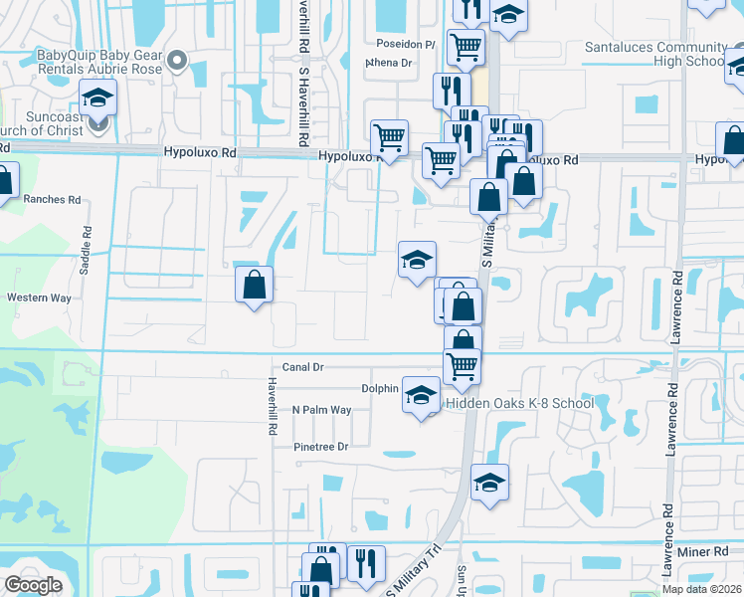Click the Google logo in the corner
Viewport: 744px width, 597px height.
(x=34, y=585)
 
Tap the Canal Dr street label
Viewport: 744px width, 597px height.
(x=303, y=367)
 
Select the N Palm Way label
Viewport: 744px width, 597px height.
(x=321, y=410)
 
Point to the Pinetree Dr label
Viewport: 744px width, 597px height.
(x=321, y=447)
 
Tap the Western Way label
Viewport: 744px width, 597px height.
(x=39, y=298)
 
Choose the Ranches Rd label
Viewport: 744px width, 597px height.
(x=52, y=199)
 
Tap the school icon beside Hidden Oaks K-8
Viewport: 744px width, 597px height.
(x=421, y=395)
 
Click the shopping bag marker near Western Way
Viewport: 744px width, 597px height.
(x=255, y=285)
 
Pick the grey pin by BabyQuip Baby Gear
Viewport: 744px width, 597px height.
(x=178, y=62)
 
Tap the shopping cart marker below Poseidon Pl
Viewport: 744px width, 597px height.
(x=465, y=46)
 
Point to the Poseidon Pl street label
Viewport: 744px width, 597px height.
(x=406, y=44)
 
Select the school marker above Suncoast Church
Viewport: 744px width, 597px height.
(x=97, y=98)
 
